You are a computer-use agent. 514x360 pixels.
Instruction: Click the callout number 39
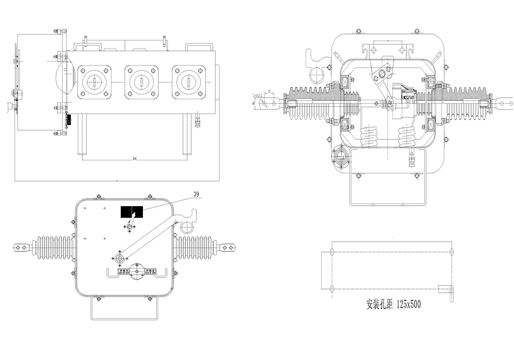(196, 194)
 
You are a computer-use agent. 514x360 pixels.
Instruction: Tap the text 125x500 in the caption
(407, 304)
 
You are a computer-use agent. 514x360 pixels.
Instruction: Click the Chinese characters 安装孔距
(379, 304)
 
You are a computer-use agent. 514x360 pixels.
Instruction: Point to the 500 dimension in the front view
(135, 158)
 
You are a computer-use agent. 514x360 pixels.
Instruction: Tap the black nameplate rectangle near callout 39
(132, 211)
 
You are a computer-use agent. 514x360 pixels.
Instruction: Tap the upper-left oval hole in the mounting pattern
(332, 251)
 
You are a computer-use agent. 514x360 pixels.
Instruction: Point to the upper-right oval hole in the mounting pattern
(452, 251)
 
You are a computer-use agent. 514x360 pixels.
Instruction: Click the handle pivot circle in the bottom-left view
(119, 257)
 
